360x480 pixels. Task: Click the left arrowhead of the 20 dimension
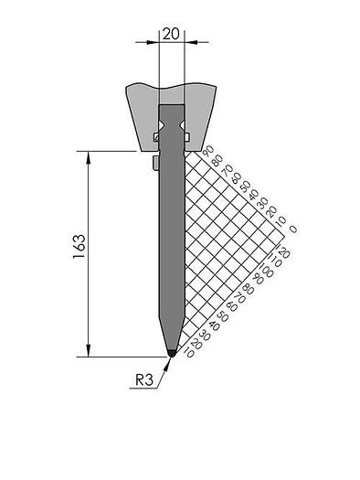point(154,41)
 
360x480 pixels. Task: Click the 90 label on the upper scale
point(209,150)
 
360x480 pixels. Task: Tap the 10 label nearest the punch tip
point(187,352)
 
